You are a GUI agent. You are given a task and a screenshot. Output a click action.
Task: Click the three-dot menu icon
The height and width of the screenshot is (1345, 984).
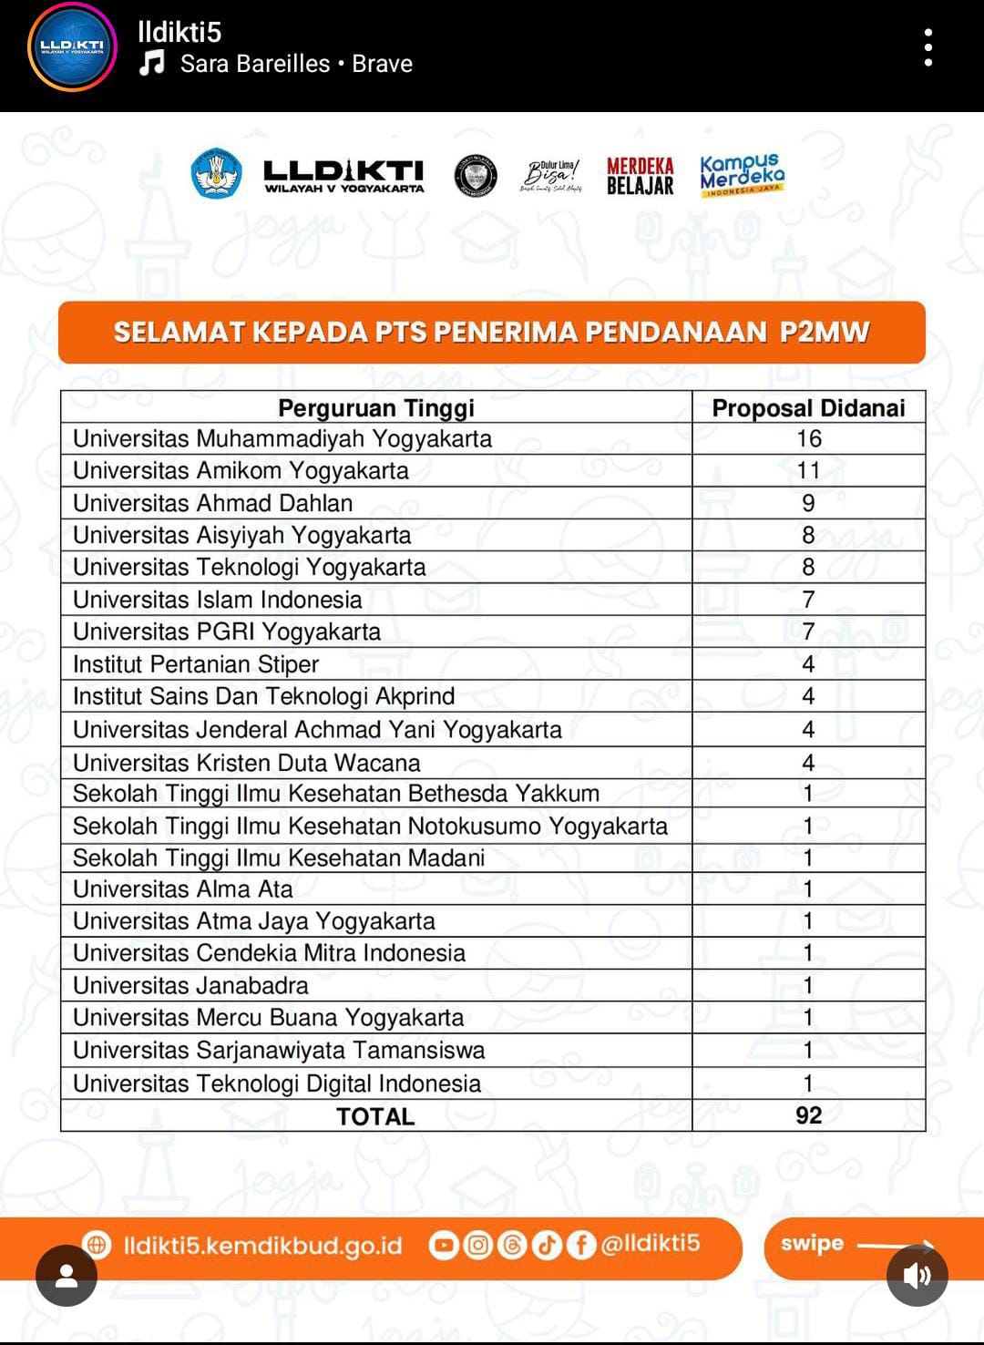(928, 47)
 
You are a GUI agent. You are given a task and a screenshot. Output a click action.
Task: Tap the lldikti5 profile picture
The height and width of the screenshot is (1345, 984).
(72, 47)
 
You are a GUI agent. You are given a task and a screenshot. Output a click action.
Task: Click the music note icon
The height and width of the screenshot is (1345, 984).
(152, 64)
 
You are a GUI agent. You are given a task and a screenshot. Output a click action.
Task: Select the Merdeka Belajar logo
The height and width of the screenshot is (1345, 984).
(640, 176)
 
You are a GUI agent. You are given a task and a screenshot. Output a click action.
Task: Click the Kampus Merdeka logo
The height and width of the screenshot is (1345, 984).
(742, 174)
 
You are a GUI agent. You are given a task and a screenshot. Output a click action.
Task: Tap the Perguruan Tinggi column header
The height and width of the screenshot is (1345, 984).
(376, 407)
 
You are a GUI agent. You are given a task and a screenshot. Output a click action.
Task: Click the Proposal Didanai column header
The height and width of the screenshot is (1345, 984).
(808, 407)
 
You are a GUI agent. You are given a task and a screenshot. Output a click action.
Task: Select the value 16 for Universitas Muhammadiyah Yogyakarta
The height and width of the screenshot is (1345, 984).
(808, 439)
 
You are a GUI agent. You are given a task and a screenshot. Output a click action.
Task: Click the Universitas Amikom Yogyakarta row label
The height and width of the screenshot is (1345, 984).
(241, 471)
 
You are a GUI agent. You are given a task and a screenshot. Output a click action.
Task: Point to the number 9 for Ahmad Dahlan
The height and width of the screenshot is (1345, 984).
(808, 503)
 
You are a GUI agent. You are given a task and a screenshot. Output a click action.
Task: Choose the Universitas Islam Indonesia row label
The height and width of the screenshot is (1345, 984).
(218, 600)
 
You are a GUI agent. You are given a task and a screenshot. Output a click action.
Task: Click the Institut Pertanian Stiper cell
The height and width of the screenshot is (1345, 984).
(196, 664)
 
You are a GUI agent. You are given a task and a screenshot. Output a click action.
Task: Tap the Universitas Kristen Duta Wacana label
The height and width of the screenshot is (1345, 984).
(247, 763)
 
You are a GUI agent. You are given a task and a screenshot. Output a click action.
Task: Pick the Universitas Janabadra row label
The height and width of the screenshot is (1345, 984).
(190, 985)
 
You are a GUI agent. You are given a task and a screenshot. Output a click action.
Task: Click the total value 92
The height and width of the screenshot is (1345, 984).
(808, 1115)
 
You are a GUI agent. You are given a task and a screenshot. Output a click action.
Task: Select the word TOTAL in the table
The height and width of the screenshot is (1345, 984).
(375, 1116)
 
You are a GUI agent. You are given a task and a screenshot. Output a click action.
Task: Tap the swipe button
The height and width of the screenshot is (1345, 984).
(812, 1244)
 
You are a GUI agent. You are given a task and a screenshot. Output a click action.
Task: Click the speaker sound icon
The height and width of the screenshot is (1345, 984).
(917, 1275)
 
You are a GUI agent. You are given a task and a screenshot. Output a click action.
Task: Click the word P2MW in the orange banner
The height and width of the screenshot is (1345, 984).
(825, 332)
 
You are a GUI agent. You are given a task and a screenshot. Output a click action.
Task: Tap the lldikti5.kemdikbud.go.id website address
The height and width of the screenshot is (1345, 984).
(262, 1246)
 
